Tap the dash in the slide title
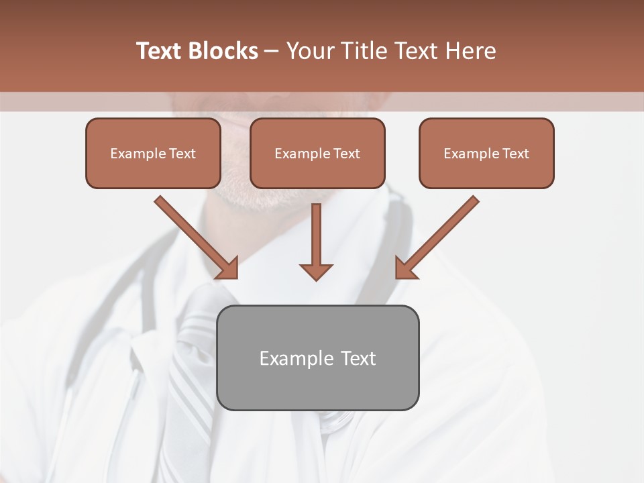tap(272, 51)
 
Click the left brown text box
tap(153, 154)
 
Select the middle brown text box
tap(317, 154)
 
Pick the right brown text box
tap(486, 154)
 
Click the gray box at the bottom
tap(317, 358)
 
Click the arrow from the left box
tap(195, 235)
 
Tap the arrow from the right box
tap(439, 235)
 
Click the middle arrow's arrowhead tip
tap(316, 278)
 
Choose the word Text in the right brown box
tap(515, 154)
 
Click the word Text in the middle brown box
tap(346, 154)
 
